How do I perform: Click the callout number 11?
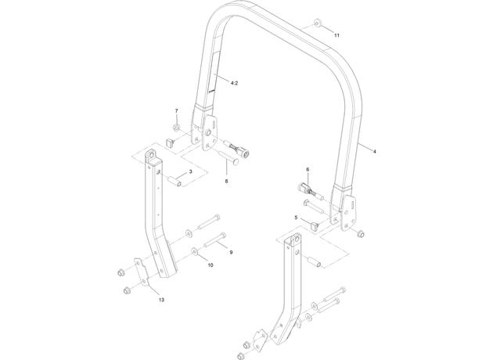tap(336, 35)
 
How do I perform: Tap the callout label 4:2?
tap(234, 83)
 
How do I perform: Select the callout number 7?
tap(176, 111)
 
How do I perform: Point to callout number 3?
tap(190, 171)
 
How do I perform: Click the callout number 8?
tap(226, 181)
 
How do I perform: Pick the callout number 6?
tap(308, 170)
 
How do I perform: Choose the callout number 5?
tap(296, 218)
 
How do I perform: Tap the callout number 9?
tap(231, 252)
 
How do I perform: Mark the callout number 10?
tap(211, 265)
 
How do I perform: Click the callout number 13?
tap(161, 300)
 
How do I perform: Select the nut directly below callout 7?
tap(176, 128)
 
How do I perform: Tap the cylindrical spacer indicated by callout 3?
tap(175, 181)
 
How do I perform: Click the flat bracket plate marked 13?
tap(141, 272)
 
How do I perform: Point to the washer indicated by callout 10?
tap(195, 251)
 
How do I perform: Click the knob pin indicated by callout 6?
tap(310, 191)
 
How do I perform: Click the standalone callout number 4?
tap(374, 152)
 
